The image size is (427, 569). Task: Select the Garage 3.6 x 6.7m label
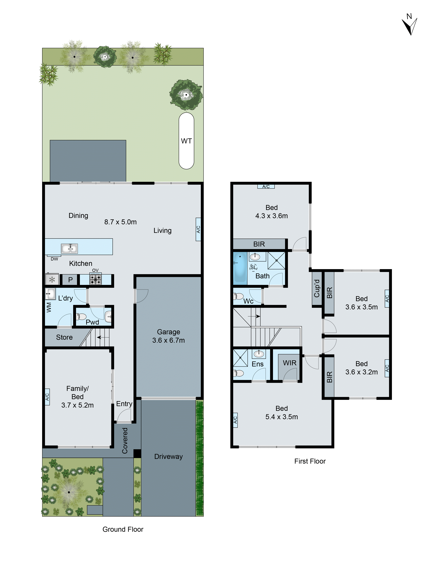168,336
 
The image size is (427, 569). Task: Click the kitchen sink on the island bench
69,249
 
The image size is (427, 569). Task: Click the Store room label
64,337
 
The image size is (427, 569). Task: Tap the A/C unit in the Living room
198,229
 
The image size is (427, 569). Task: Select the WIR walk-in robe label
290,363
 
